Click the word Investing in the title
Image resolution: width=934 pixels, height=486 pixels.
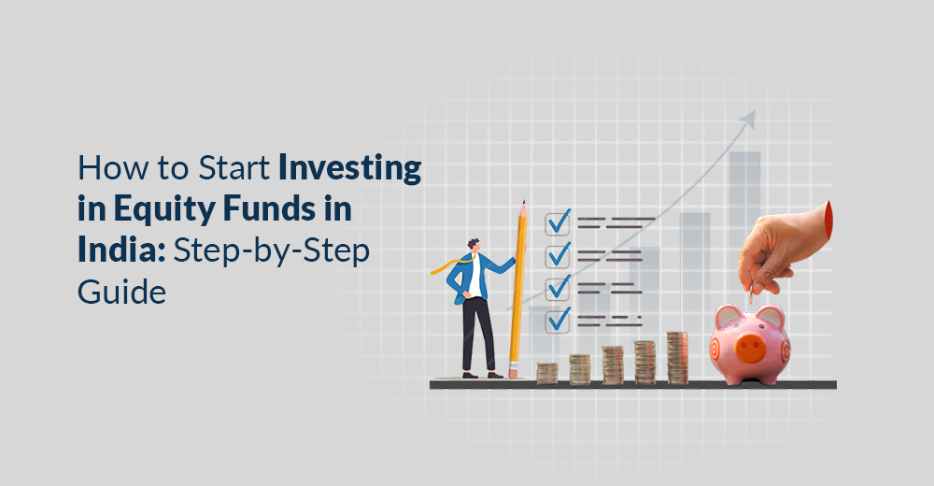[348, 169]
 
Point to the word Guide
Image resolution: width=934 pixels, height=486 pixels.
[120, 293]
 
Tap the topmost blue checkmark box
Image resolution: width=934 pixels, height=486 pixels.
[559, 222]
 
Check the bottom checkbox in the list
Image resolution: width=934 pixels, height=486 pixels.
[559, 319]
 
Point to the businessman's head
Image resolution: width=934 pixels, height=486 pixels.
[473, 245]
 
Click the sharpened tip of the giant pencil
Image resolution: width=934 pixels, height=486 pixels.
[524, 205]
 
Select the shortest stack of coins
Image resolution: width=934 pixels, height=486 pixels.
[546, 372]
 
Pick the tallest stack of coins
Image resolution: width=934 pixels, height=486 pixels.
[677, 357]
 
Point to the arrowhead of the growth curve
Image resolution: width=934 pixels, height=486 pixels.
[747, 120]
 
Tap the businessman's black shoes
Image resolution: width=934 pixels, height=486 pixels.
[482, 374]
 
